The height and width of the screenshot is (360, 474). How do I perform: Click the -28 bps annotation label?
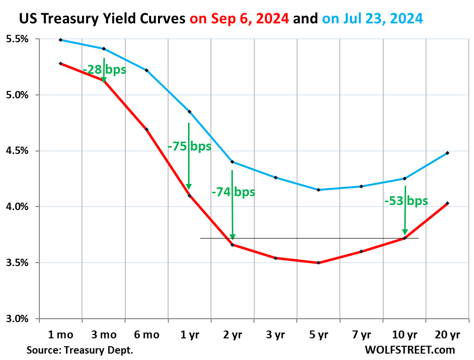pos(104,70)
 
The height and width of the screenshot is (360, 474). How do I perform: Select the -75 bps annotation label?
pos(190,146)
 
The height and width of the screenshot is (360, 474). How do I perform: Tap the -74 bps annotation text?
pos(233,192)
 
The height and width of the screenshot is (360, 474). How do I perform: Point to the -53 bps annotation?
pos(406,201)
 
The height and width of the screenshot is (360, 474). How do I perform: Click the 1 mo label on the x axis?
pos(61,335)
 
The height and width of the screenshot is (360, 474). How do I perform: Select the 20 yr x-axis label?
pos(447,335)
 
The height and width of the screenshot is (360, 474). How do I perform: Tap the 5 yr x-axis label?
pos(318,335)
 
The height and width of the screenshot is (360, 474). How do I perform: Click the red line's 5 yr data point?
pos(318,263)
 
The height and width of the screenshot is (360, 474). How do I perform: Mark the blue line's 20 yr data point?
pos(447,153)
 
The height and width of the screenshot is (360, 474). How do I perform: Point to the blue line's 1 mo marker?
pos(61,40)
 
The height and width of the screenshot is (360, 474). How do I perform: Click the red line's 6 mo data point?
pos(147,129)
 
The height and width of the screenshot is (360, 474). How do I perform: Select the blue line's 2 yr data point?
pos(232,162)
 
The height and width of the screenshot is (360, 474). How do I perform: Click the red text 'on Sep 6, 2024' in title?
pos(239,19)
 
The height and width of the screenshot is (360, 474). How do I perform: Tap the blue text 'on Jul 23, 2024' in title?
pos(372,19)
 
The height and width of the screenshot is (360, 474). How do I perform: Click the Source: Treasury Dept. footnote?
pos(80,350)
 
